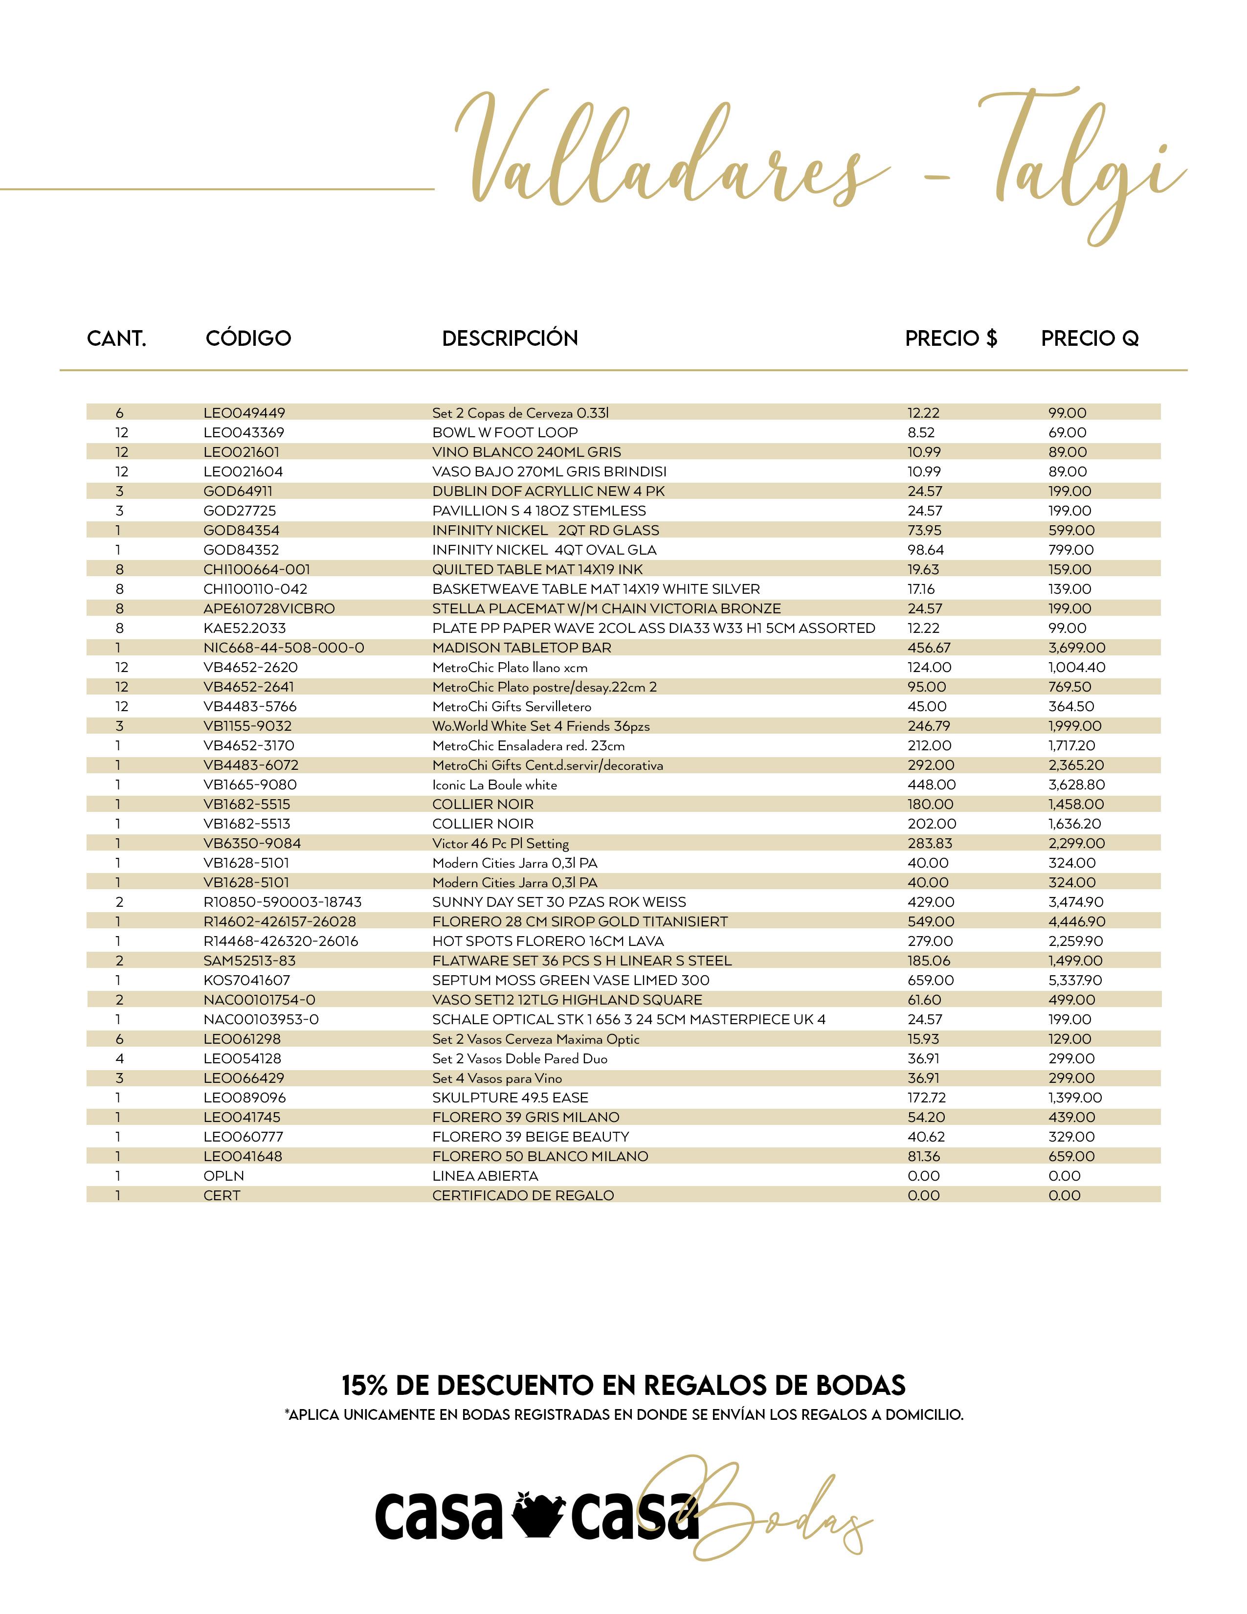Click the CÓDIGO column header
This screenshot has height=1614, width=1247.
tap(248, 338)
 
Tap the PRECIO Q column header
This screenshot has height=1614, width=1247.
tap(1090, 338)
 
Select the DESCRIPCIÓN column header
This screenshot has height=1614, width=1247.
tap(510, 338)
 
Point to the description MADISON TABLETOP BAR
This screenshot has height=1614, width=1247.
tap(522, 648)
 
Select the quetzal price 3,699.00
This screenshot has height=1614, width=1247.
tap(1076, 648)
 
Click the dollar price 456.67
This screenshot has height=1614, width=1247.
tap(929, 648)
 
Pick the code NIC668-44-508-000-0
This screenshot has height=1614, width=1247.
tap(284, 648)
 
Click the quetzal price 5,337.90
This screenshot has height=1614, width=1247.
tap(1076, 981)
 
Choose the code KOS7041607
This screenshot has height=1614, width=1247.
tap(247, 981)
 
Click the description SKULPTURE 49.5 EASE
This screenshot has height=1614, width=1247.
tap(510, 1098)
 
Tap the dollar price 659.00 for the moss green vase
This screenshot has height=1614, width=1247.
tap(931, 981)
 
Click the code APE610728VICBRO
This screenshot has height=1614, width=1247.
tap(269, 609)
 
